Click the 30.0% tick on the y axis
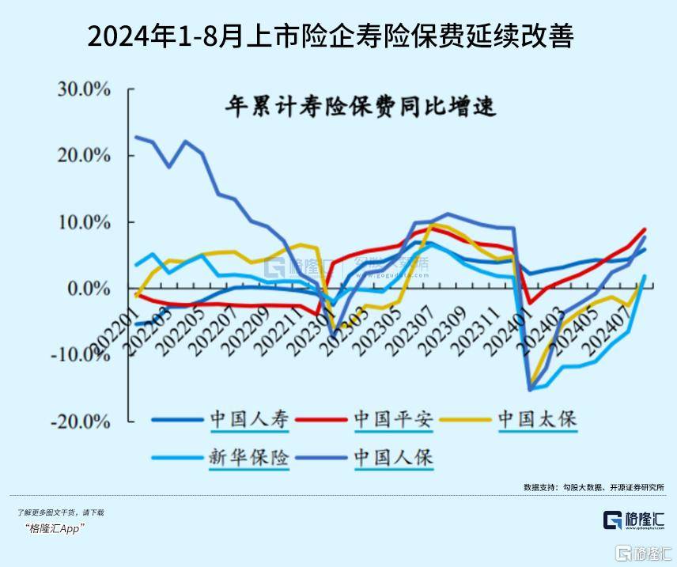pyautogui.click(x=84, y=89)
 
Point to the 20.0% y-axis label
pyautogui.click(x=84, y=155)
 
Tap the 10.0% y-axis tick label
pyautogui.click(x=84, y=222)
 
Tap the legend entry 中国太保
pyautogui.click(x=537, y=419)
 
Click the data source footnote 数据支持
pyautogui.click(x=593, y=486)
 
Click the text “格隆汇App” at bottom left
pyautogui.click(x=55, y=528)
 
